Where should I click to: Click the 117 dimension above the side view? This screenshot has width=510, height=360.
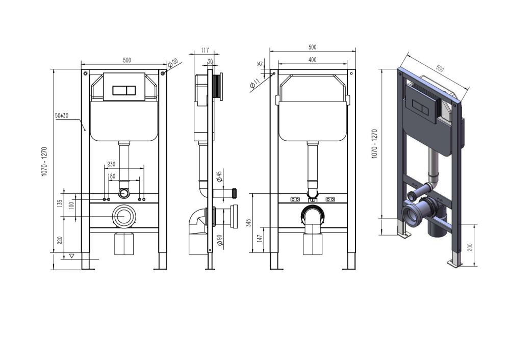click(205, 50)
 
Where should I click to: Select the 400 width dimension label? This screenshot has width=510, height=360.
click(312, 60)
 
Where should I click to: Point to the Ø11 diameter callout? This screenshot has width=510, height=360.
click(254, 83)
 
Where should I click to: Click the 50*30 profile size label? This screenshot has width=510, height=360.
click(62, 116)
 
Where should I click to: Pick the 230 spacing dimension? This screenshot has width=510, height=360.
click(111, 164)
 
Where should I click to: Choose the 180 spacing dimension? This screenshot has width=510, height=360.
click(111, 176)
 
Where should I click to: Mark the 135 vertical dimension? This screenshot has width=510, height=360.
click(60, 203)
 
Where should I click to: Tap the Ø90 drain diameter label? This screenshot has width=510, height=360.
click(219, 240)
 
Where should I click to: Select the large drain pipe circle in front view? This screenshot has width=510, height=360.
click(123, 217)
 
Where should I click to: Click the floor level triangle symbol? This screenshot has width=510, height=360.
click(71, 256)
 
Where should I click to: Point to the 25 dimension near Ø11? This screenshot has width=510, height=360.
click(260, 65)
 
